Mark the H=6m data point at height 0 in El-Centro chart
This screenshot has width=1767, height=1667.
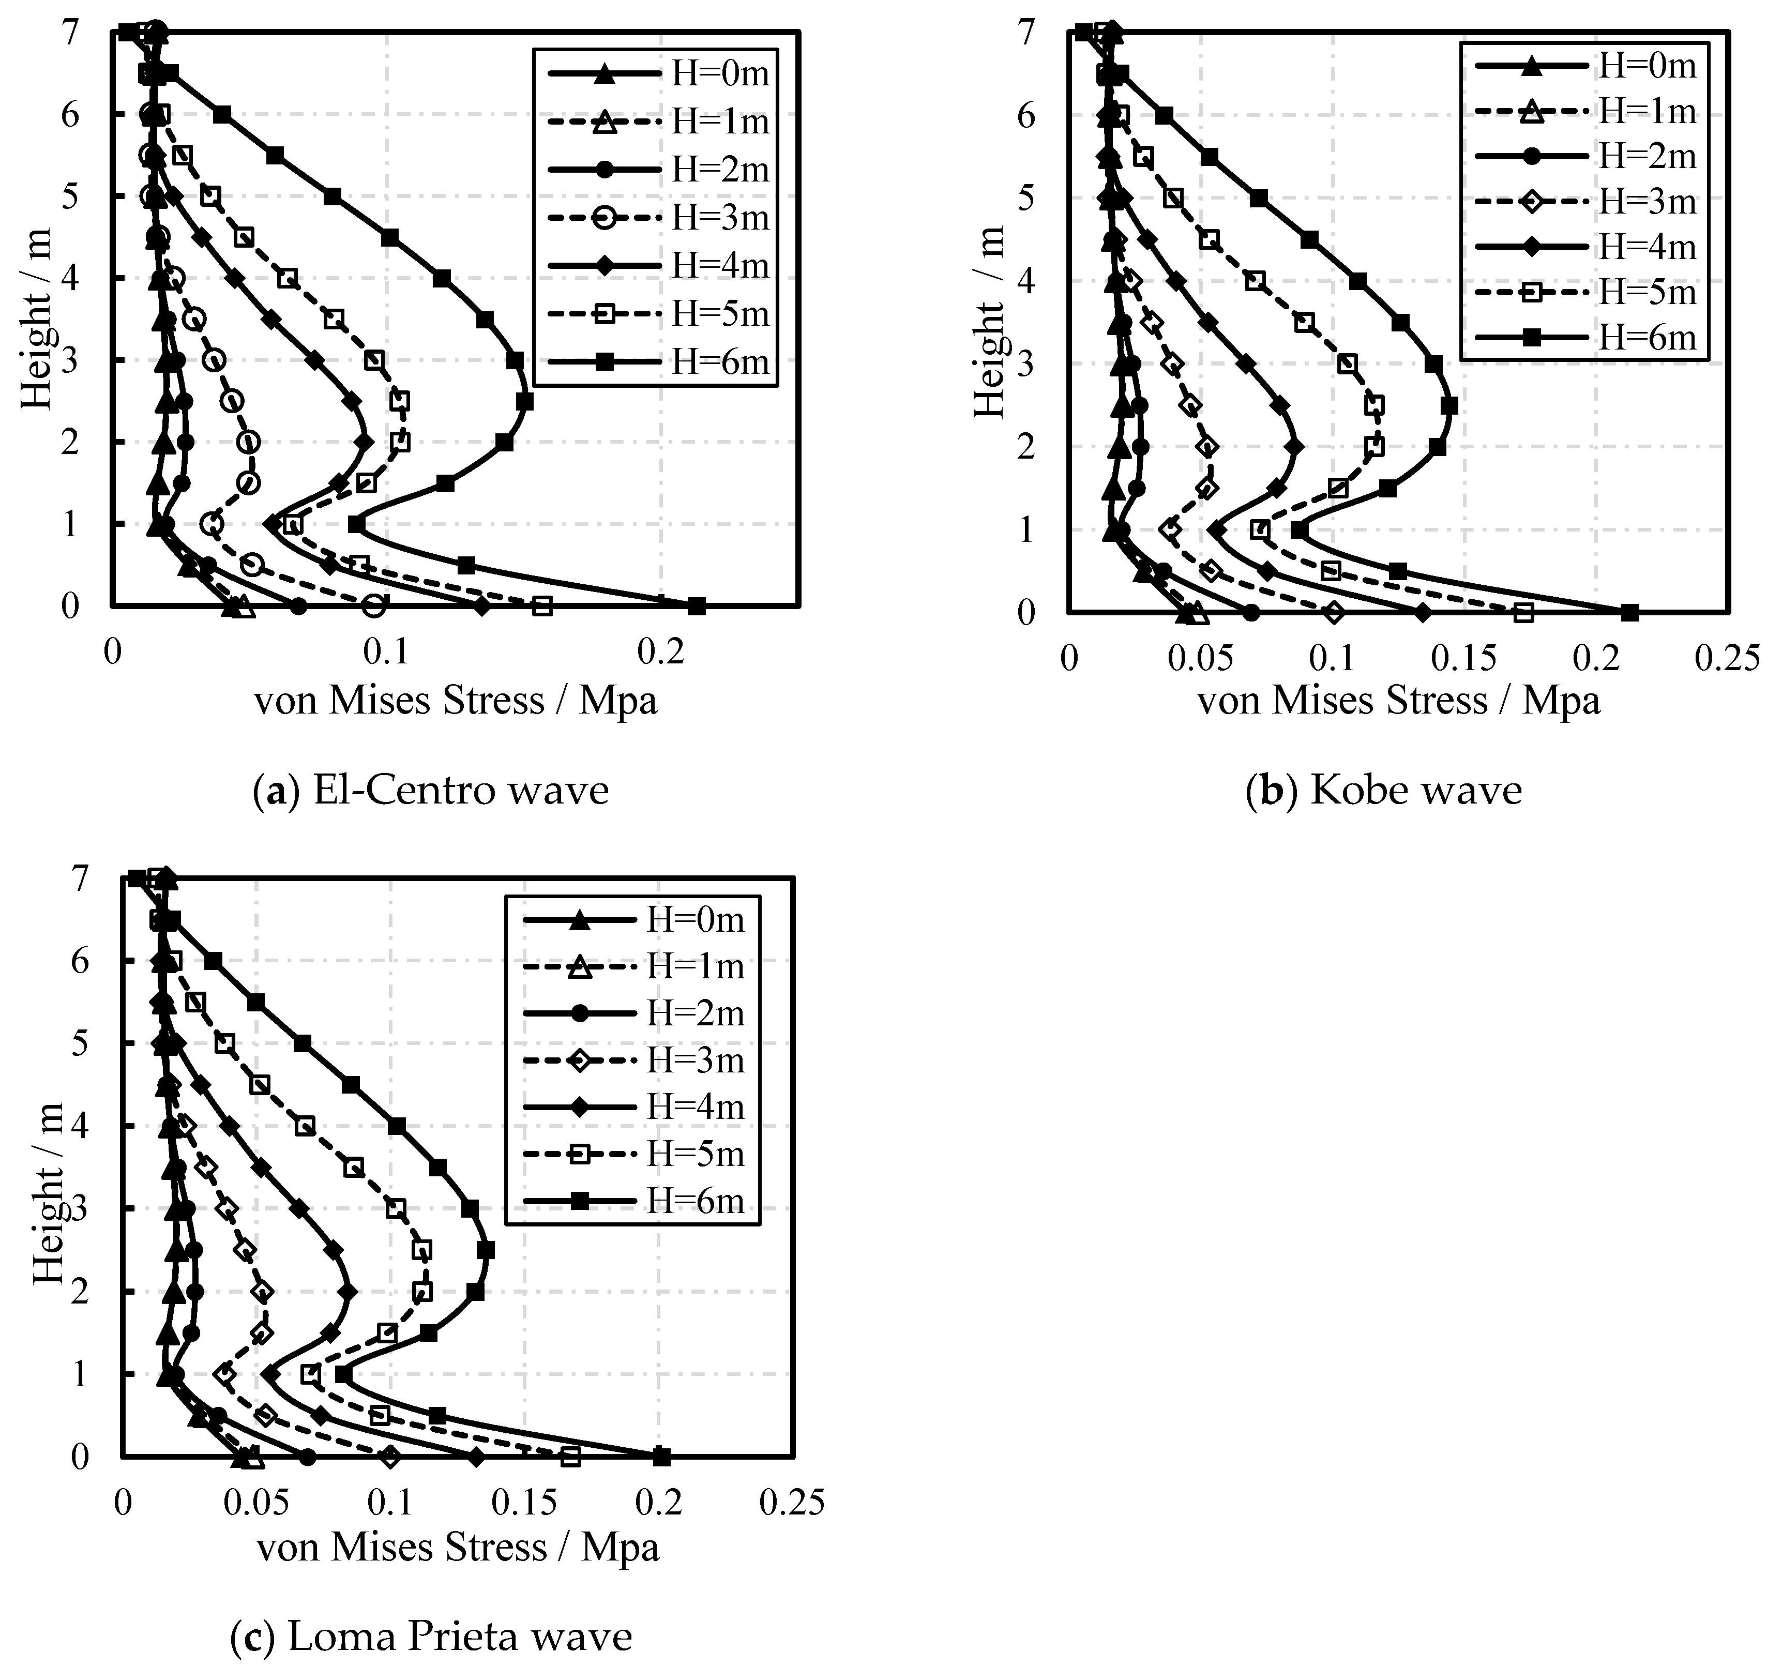click(x=697, y=606)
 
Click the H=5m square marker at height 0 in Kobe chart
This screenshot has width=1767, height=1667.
click(x=1523, y=612)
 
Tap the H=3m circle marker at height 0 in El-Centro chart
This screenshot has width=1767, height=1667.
click(x=374, y=606)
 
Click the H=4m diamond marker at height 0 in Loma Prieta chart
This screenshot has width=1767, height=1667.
click(x=476, y=1457)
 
